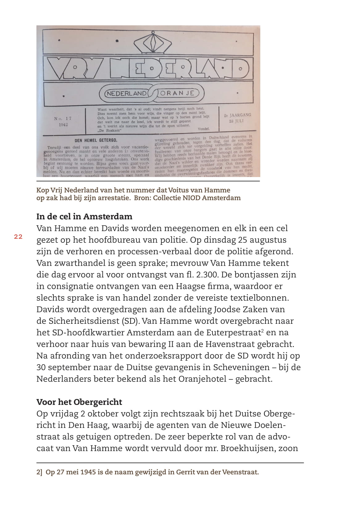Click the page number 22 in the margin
click(x=18, y=237)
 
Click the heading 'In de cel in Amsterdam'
click(x=84, y=216)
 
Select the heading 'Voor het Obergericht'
click(x=79, y=402)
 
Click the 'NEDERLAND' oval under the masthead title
click(x=126, y=93)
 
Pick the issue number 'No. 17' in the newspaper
click(x=63, y=118)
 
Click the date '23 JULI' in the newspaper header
click(x=236, y=121)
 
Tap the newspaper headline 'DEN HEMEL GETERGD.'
click(x=96, y=140)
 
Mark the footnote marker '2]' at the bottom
click(x=39, y=472)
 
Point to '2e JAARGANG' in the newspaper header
click(x=237, y=115)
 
